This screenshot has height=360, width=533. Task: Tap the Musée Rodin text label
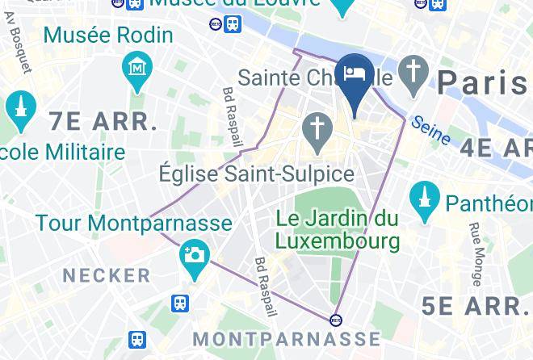click(x=108, y=36)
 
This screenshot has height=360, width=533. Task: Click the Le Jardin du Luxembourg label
click(x=338, y=229)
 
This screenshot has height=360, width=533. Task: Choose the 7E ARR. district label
click(x=103, y=122)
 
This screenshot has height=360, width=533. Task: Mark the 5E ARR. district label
click(x=476, y=306)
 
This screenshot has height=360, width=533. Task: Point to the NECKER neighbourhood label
click(x=107, y=275)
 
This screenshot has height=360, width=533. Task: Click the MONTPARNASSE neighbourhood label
click(x=287, y=338)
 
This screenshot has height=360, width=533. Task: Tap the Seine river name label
click(x=430, y=132)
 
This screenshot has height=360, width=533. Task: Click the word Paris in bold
click(x=484, y=80)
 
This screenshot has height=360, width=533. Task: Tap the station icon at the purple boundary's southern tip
click(x=336, y=318)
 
